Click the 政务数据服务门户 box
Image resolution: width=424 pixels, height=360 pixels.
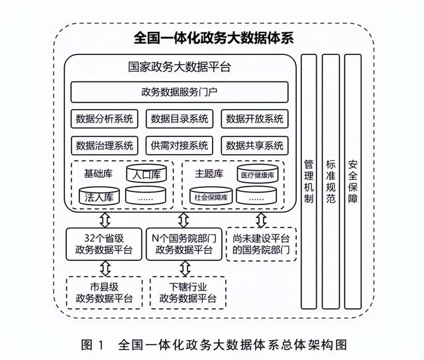(x=179, y=92)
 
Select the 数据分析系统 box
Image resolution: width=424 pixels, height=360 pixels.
(x=105, y=119)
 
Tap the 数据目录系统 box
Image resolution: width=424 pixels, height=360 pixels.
(x=179, y=119)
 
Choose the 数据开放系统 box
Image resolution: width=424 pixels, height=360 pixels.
(x=254, y=119)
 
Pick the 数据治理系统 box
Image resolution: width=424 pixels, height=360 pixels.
(x=105, y=146)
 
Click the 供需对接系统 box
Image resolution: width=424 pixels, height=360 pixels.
(x=179, y=146)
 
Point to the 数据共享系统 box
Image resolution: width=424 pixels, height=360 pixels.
(x=254, y=146)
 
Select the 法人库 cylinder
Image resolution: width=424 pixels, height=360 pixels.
(x=97, y=197)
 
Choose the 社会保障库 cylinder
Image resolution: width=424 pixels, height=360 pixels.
(x=209, y=197)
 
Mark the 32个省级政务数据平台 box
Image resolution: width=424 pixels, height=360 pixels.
(x=104, y=244)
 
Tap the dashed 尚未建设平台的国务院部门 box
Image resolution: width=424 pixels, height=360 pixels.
(x=261, y=244)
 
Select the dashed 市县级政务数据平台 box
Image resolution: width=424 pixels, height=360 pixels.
(x=104, y=292)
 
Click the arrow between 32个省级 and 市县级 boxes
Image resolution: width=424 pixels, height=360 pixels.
(x=104, y=268)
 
